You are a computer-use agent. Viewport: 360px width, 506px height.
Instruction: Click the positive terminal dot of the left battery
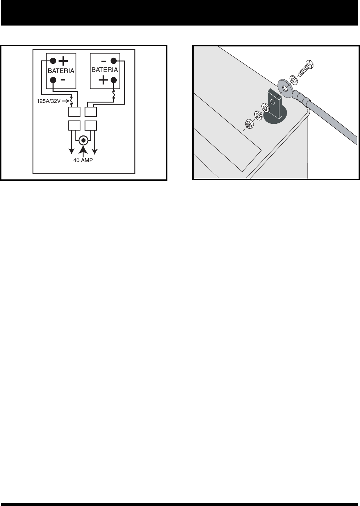pyautogui.click(x=52, y=60)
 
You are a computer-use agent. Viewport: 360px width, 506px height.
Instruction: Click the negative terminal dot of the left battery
pyautogui.click(x=52, y=80)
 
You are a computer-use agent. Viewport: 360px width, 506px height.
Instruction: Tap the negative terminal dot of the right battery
pyautogui.click(x=114, y=60)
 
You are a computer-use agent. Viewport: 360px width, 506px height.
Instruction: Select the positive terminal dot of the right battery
pyautogui.click(x=114, y=80)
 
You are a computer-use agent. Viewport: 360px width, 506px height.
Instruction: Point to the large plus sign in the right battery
pyautogui.click(x=103, y=80)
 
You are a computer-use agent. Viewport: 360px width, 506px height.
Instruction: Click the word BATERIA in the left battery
pyautogui.click(x=61, y=71)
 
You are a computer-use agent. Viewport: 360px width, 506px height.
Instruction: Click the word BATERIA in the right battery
pyautogui.click(x=105, y=70)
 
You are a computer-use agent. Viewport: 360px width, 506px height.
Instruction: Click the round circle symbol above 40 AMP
pyautogui.click(x=83, y=140)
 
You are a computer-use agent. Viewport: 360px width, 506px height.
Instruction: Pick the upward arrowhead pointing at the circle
pyautogui.click(x=83, y=149)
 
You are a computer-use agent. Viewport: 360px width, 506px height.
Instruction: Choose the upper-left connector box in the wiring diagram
pyautogui.click(x=73, y=112)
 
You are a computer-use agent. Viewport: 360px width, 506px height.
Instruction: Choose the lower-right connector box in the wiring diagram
pyautogui.click(x=92, y=126)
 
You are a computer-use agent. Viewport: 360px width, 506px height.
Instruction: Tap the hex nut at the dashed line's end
pyautogui.click(x=249, y=124)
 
